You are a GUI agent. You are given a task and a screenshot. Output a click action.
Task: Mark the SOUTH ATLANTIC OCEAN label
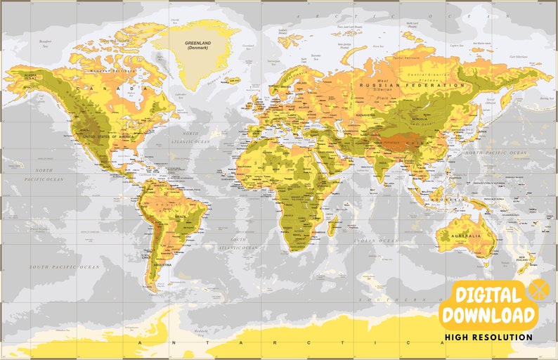(x=238, y=244)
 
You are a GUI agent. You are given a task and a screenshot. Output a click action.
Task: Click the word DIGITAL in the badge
(x=488, y=294)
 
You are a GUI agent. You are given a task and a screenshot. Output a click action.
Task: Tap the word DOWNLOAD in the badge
(x=488, y=314)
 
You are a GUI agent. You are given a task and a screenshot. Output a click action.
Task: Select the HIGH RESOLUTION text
(x=488, y=337)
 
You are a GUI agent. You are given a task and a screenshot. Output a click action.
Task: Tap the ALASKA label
(x=30, y=75)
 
